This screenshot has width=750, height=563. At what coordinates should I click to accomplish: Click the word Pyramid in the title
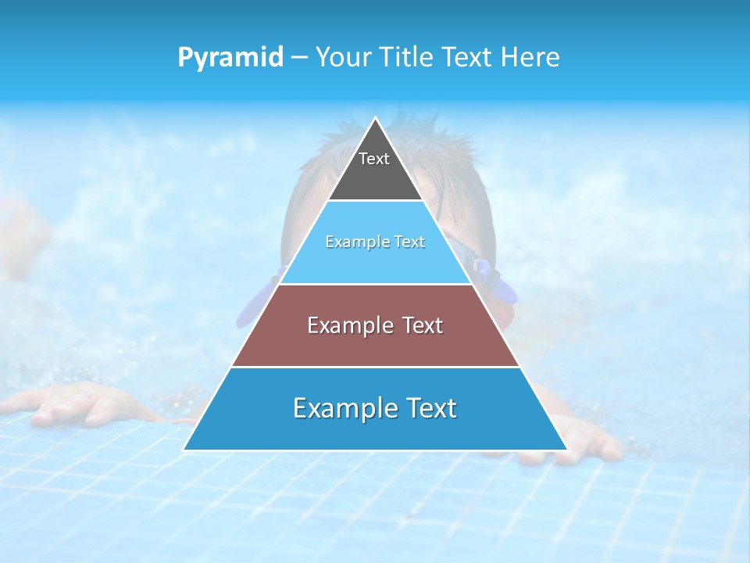(x=230, y=58)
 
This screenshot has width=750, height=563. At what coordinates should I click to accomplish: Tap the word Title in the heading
(x=408, y=57)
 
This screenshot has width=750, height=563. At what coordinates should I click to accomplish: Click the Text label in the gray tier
(x=374, y=159)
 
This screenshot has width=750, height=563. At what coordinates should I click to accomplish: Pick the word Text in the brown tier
(x=422, y=325)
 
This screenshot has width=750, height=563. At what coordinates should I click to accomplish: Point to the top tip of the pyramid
(x=375, y=120)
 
